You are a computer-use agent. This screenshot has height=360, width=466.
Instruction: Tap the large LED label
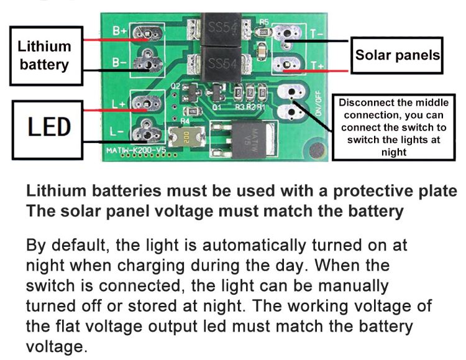click(x=49, y=127)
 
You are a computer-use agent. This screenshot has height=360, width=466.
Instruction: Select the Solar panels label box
click(x=397, y=55)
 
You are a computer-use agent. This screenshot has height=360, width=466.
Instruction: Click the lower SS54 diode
click(x=222, y=63)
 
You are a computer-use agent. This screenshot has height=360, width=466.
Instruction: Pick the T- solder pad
click(x=286, y=33)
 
